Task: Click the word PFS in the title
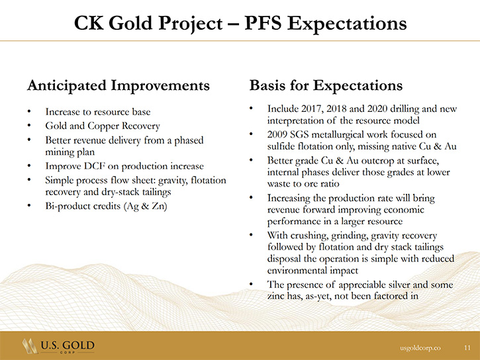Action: pyautogui.click(x=263, y=22)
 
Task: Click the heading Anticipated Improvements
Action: pyautogui.click(x=119, y=85)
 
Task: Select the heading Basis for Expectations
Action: pyautogui.click(x=326, y=85)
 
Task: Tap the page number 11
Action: pyautogui.click(x=467, y=347)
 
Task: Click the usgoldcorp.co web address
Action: pyautogui.click(x=420, y=348)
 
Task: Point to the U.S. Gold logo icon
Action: pyautogui.click(x=30, y=346)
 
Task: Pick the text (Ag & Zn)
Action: pyautogui.click(x=146, y=206)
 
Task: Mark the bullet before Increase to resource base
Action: pyautogui.click(x=29, y=112)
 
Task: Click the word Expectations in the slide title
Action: pyautogui.click(x=347, y=23)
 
